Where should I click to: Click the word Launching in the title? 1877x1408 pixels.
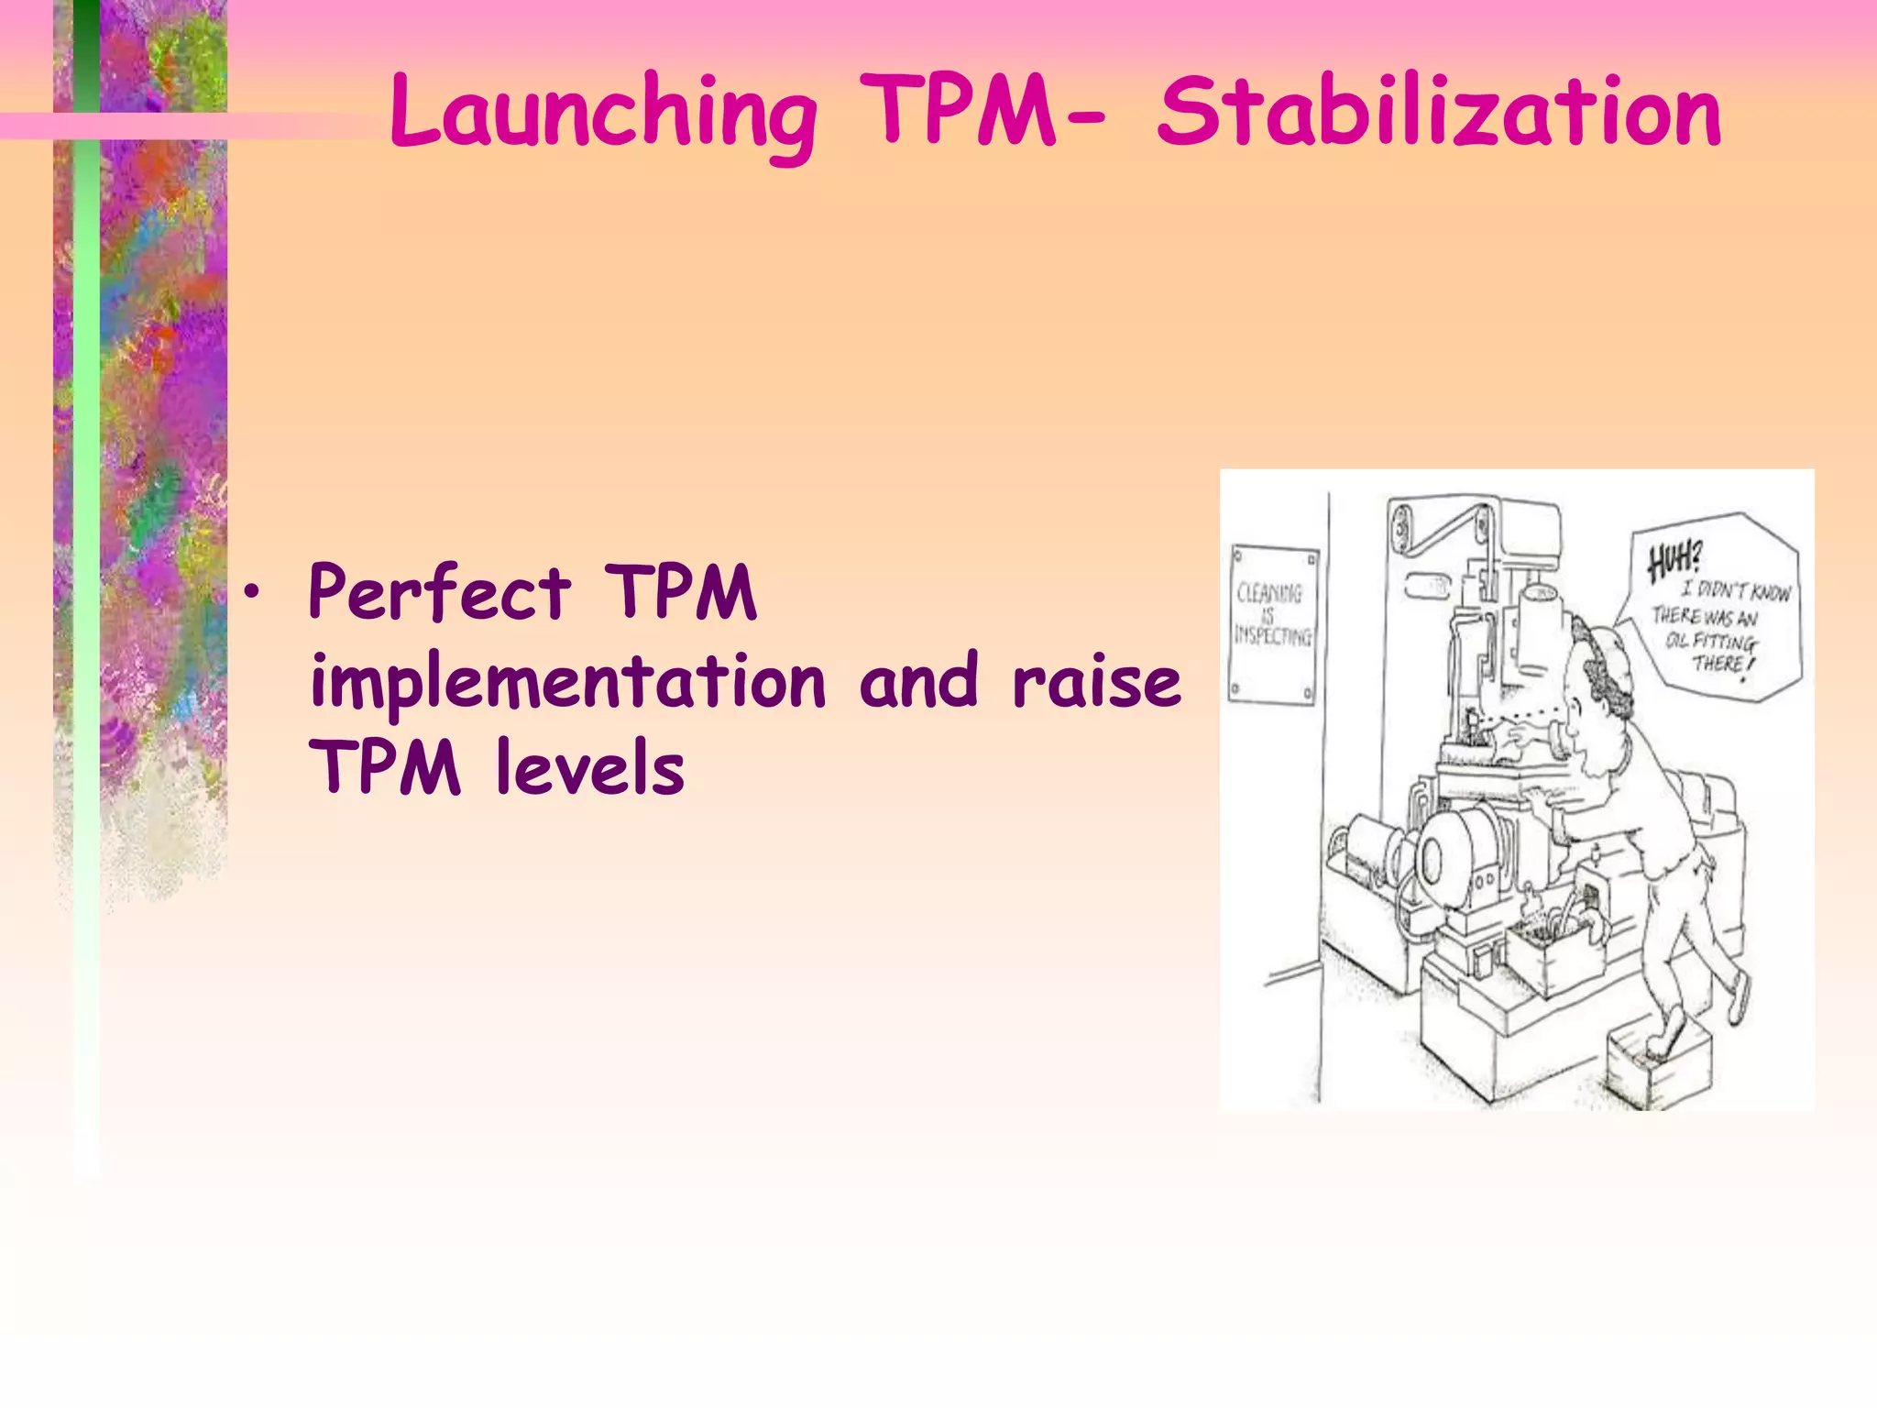(x=602, y=113)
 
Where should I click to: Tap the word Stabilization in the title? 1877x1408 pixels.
(x=1438, y=113)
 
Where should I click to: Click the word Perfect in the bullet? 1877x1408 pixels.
(x=440, y=593)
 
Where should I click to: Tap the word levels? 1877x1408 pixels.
(x=589, y=768)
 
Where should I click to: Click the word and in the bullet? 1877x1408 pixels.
(x=918, y=681)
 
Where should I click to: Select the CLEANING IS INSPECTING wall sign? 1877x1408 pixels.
(x=1272, y=624)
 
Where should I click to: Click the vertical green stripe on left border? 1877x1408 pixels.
(x=86, y=550)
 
